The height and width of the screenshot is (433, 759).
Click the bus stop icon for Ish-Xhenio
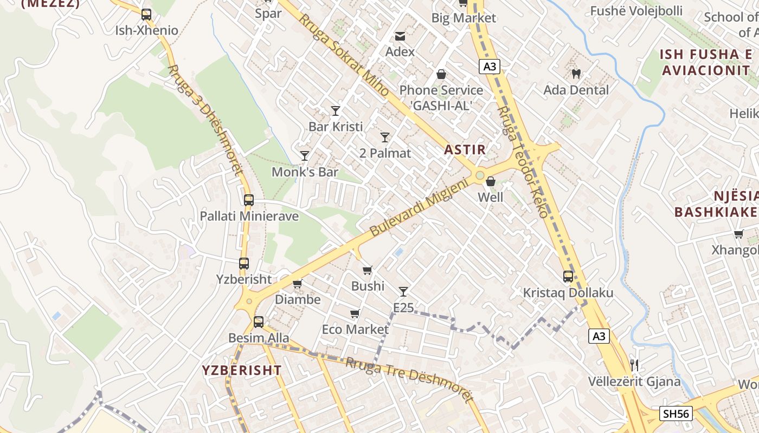pos(146,15)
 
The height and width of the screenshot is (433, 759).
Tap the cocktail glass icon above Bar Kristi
pos(336,111)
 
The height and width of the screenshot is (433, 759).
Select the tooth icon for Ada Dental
pos(576,74)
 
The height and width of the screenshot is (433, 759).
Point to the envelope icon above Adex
pos(400,36)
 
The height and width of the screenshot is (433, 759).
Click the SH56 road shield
pos(676,414)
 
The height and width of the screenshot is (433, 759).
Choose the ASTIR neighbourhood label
pos(465,150)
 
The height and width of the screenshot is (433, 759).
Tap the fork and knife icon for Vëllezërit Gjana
pos(634,365)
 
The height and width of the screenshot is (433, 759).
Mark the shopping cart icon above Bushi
pos(368,270)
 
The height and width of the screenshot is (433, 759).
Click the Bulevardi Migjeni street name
pos(418,209)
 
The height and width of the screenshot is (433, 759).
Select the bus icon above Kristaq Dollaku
pos(568,277)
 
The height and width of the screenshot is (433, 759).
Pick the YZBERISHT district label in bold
pos(242,370)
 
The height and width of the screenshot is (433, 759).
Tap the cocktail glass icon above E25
pos(403,292)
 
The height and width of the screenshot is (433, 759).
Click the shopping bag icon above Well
pos(491,181)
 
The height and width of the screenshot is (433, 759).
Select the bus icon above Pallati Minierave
pos(249,200)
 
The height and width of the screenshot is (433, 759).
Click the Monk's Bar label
pos(305,172)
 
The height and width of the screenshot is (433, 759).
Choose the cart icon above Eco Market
pos(355,314)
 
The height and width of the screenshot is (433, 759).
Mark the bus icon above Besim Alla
pos(259,322)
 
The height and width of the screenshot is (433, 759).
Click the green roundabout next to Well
pos(479,175)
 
